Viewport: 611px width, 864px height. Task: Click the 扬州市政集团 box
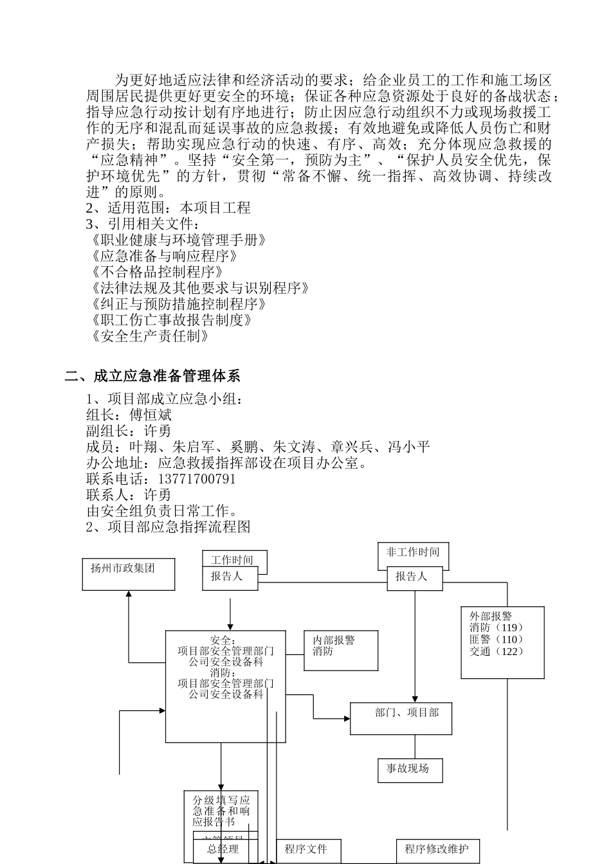click(x=129, y=574)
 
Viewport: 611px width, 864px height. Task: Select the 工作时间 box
click(x=234, y=560)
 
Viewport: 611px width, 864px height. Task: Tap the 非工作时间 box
click(x=413, y=554)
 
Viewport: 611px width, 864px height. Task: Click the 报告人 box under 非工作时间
click(x=415, y=578)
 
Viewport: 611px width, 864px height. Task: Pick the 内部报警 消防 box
click(x=340, y=650)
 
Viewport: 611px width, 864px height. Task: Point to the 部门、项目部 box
click(x=401, y=718)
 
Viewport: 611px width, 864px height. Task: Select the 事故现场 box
click(x=410, y=770)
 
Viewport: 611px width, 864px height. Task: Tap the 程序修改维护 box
click(x=437, y=850)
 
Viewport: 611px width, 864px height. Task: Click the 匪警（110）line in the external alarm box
click(x=496, y=640)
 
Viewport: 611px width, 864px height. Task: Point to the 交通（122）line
click(x=496, y=652)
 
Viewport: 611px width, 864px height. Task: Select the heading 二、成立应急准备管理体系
click(x=152, y=376)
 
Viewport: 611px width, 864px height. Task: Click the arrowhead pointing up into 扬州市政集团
click(x=129, y=594)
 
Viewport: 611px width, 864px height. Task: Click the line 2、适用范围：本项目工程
click(x=169, y=208)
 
